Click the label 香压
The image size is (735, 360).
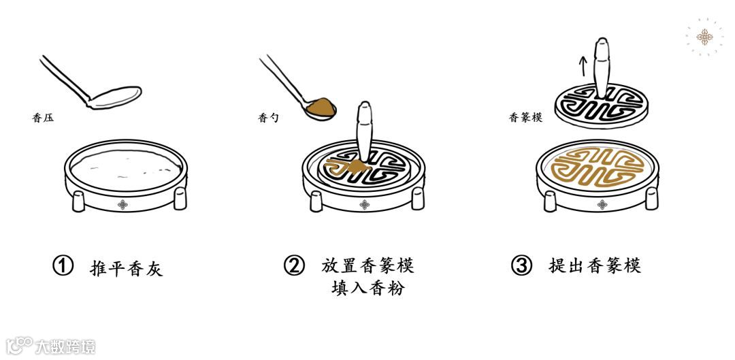[43, 118]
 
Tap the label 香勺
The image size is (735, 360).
[268, 118]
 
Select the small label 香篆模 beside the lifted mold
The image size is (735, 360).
[525, 118]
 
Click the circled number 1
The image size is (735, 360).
[63, 266]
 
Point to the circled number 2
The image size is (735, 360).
[294, 265]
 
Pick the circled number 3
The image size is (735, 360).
[521, 265]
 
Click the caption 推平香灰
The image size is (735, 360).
[126, 268]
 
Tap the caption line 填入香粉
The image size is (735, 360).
[367, 287]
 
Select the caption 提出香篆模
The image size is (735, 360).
[595, 265]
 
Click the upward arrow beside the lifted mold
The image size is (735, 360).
[583, 66]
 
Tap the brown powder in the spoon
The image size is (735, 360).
[321, 107]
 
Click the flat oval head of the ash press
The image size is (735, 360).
[115, 97]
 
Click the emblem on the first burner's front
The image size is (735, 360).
[122, 204]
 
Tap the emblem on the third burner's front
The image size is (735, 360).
[602, 204]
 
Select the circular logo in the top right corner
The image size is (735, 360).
[704, 37]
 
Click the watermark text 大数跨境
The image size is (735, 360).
[65, 347]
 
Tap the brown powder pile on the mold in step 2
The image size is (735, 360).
[357, 166]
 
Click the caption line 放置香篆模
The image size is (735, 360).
[367, 265]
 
